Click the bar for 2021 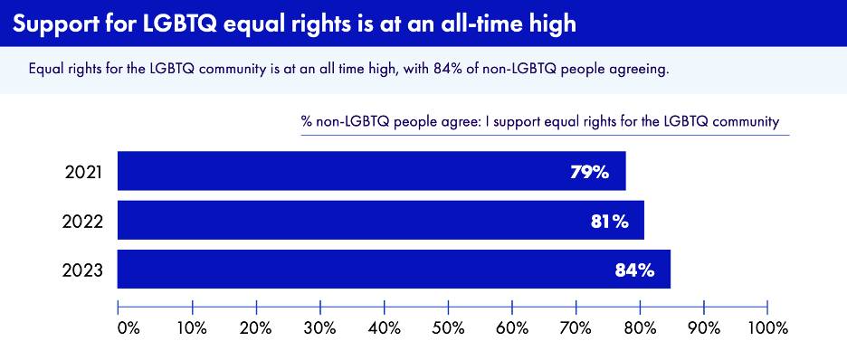pos(372,171)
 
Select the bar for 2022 pos(381,220)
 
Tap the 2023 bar pos(394,270)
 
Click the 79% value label pos(590,173)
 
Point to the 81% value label pos(609,222)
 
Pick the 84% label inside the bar pos(634,270)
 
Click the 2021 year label pos(82,173)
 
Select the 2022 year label pos(82,222)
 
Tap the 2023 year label pos(82,270)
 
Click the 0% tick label pos(129,328)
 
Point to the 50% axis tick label pos(449,328)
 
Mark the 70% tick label pos(576,328)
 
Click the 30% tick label pos(321,328)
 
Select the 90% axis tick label pos(704,328)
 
